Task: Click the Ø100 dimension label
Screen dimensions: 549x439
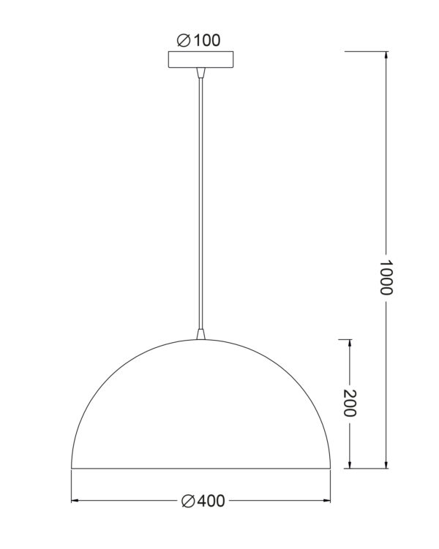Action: click(198, 40)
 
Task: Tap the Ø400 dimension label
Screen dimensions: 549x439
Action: click(202, 501)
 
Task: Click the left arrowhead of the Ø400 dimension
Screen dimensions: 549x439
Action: click(75, 501)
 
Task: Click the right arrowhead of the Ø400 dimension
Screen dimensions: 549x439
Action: click(326, 501)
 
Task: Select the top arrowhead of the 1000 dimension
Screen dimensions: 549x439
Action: click(386, 56)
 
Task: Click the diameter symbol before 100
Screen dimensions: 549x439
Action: click(183, 40)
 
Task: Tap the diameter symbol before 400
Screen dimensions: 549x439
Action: click(187, 501)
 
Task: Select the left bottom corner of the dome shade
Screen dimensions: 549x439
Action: click(70, 468)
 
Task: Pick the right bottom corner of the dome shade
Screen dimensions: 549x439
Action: click(330, 468)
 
